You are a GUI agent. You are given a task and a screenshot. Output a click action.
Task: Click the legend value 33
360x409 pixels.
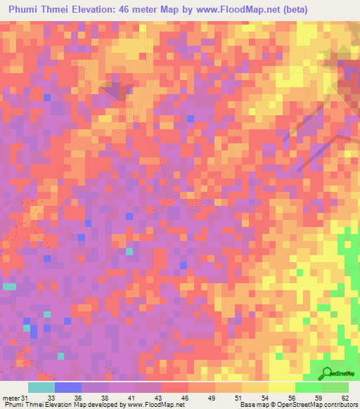50,397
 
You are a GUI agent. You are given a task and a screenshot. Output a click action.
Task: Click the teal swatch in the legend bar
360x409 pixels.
41,387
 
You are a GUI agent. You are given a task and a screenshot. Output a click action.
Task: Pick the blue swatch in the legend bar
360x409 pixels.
67,387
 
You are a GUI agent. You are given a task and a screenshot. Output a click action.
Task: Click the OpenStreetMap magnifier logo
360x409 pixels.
328,373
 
